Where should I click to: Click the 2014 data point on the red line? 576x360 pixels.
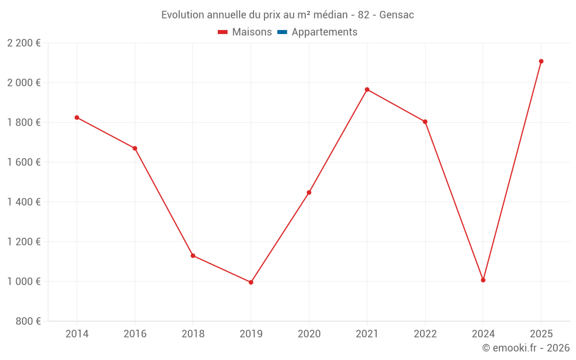[77, 118]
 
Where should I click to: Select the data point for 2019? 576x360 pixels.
[251, 282]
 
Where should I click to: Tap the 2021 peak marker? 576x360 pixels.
[367, 89]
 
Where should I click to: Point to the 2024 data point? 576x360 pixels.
[483, 280]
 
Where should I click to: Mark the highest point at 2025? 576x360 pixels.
[541, 61]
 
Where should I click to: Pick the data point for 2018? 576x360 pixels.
[193, 256]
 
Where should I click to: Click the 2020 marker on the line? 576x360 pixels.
[309, 192]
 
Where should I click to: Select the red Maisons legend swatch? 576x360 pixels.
[223, 32]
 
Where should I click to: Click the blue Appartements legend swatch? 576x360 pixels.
[282, 32]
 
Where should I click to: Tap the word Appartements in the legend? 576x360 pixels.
[324, 32]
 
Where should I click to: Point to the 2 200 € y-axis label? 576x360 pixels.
[24, 43]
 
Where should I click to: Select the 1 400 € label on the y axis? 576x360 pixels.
[24, 202]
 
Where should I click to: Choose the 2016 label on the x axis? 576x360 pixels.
[135, 334]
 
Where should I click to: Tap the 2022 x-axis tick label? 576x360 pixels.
[425, 334]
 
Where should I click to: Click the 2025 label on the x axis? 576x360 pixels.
[541, 334]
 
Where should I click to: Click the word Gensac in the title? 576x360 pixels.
[398, 15]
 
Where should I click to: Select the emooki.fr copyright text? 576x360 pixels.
[526, 348]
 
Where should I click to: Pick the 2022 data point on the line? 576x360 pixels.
[425, 122]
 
